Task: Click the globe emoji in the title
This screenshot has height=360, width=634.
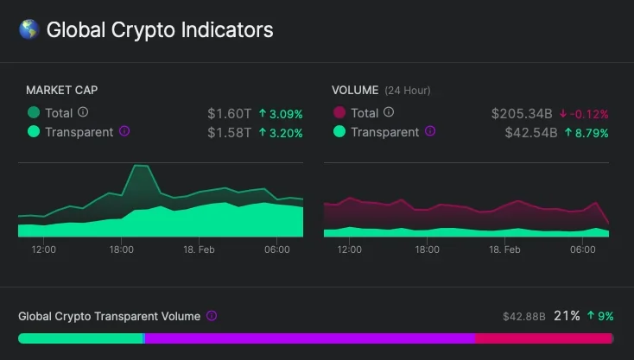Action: click(29, 30)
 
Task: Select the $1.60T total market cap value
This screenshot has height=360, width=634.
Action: click(229, 113)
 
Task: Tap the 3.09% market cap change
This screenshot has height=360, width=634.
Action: click(281, 113)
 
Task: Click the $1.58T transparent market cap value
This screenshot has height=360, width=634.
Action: click(229, 132)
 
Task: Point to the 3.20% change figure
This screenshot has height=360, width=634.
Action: click(281, 132)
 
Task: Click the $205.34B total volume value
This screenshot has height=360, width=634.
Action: click(521, 113)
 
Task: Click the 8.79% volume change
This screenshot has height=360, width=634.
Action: click(586, 132)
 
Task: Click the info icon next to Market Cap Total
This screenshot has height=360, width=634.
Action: click(83, 112)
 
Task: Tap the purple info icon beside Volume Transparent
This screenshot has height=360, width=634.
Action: click(430, 132)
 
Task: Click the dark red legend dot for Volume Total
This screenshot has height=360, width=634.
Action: click(339, 113)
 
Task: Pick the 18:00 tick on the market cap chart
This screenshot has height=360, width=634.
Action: click(122, 249)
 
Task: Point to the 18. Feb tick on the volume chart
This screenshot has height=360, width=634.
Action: click(505, 249)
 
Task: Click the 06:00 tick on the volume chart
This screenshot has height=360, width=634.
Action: click(583, 249)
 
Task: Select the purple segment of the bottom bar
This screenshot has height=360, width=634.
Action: click(309, 338)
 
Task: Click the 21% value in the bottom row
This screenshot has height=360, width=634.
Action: click(567, 316)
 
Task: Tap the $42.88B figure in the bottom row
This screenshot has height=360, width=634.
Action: click(524, 317)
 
